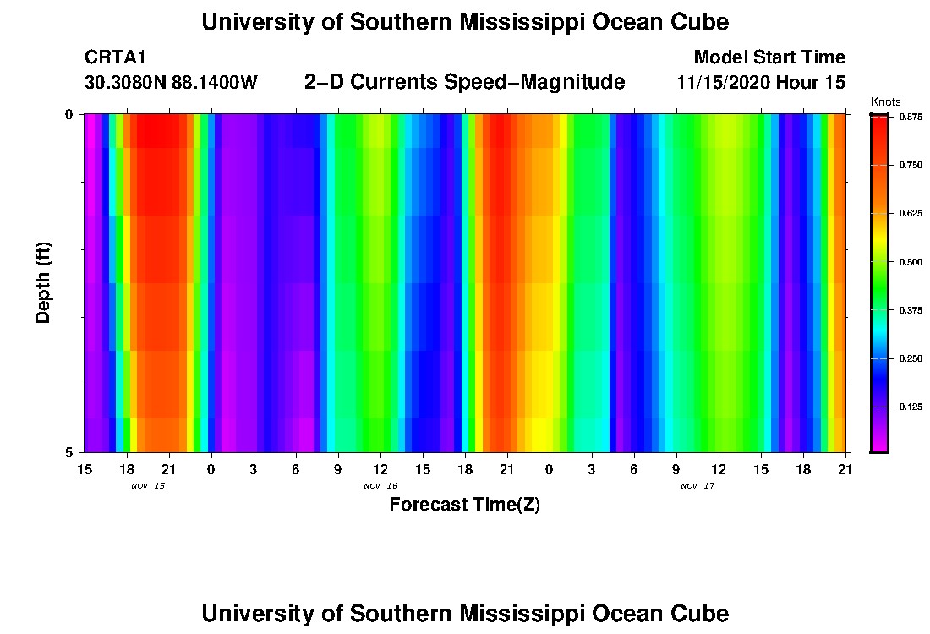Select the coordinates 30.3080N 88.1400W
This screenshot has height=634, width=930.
click(171, 83)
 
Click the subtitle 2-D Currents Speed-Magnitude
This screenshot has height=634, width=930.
click(464, 82)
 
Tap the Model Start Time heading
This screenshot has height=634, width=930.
click(769, 57)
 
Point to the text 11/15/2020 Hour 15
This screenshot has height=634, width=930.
click(761, 83)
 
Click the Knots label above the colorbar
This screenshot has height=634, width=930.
click(885, 101)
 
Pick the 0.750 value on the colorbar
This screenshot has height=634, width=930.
click(910, 165)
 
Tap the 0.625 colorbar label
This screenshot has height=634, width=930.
click(910, 213)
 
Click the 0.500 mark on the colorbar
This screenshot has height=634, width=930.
click(910, 262)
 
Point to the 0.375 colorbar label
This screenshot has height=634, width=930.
click(910, 310)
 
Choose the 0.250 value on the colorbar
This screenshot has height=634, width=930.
click(910, 359)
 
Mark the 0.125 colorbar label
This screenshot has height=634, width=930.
click(910, 407)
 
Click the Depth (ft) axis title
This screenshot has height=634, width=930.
click(44, 282)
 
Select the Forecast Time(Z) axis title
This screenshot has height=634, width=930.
click(464, 505)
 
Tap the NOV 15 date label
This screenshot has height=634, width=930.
click(148, 486)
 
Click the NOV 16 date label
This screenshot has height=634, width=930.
click(380, 486)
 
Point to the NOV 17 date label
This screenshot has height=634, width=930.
click(697, 486)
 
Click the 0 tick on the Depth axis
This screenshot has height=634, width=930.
click(70, 114)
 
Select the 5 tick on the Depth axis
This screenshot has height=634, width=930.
click(70, 452)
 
